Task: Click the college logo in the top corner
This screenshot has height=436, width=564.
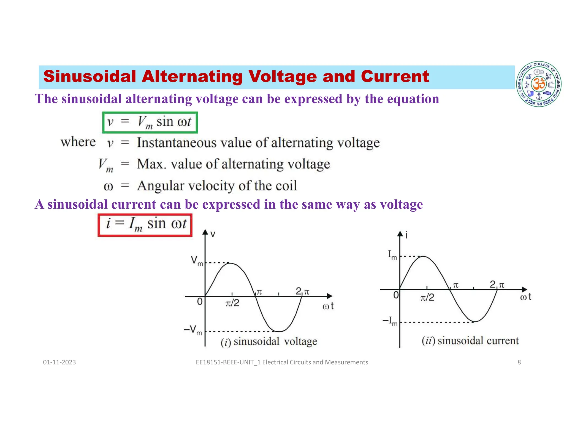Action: coord(539,84)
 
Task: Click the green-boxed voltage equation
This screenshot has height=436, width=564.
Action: coord(150,122)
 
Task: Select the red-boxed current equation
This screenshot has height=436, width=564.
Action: coord(145,225)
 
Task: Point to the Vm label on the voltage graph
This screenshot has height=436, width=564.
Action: coord(197,260)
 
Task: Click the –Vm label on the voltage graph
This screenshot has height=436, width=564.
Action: coord(193,330)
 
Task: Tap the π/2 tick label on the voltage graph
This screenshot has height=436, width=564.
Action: coord(232,303)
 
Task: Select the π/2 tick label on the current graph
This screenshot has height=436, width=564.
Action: coord(427,297)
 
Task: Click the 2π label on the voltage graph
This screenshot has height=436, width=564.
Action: coord(302,291)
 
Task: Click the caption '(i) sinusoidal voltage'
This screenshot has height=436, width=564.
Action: coord(269,342)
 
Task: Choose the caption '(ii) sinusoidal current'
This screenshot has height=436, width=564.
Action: coord(470,341)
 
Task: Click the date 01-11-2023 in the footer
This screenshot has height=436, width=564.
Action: coord(59,362)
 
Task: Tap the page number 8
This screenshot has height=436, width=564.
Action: coord(519,362)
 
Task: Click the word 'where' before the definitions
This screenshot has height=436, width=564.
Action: coord(78,142)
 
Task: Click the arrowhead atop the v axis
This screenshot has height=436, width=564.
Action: coord(205,232)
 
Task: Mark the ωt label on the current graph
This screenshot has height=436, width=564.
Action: coord(525,297)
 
